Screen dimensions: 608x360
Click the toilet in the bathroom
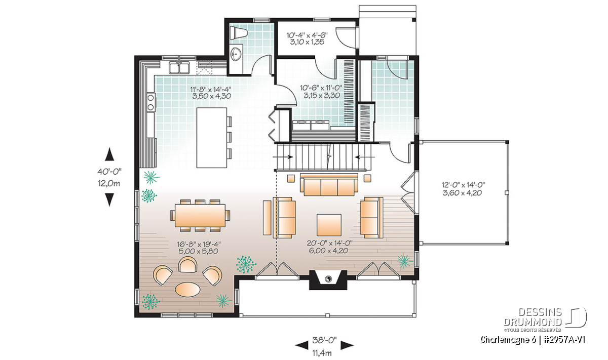click(238, 33)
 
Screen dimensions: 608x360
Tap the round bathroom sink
click(236, 54)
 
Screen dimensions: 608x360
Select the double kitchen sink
click(179, 67)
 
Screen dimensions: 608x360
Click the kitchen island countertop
click(212, 138)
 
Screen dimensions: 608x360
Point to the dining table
click(200, 215)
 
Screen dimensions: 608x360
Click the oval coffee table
click(187, 289)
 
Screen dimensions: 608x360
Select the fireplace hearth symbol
click(328, 279)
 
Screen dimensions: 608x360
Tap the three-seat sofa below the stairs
click(329, 185)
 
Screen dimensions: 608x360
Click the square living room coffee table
click(329, 225)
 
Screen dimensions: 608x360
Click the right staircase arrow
click(365, 157)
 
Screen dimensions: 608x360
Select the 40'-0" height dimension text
click(109, 172)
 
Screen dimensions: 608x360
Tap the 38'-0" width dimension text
click(324, 340)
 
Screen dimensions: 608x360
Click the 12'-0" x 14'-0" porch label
click(463, 185)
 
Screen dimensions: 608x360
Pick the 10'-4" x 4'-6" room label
click(307, 35)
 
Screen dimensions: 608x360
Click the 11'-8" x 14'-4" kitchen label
click(210, 89)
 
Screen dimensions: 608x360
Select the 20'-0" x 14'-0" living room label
click(329, 243)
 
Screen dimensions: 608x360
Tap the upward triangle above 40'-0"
click(109, 154)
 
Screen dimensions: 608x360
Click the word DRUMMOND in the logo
click(533, 322)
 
